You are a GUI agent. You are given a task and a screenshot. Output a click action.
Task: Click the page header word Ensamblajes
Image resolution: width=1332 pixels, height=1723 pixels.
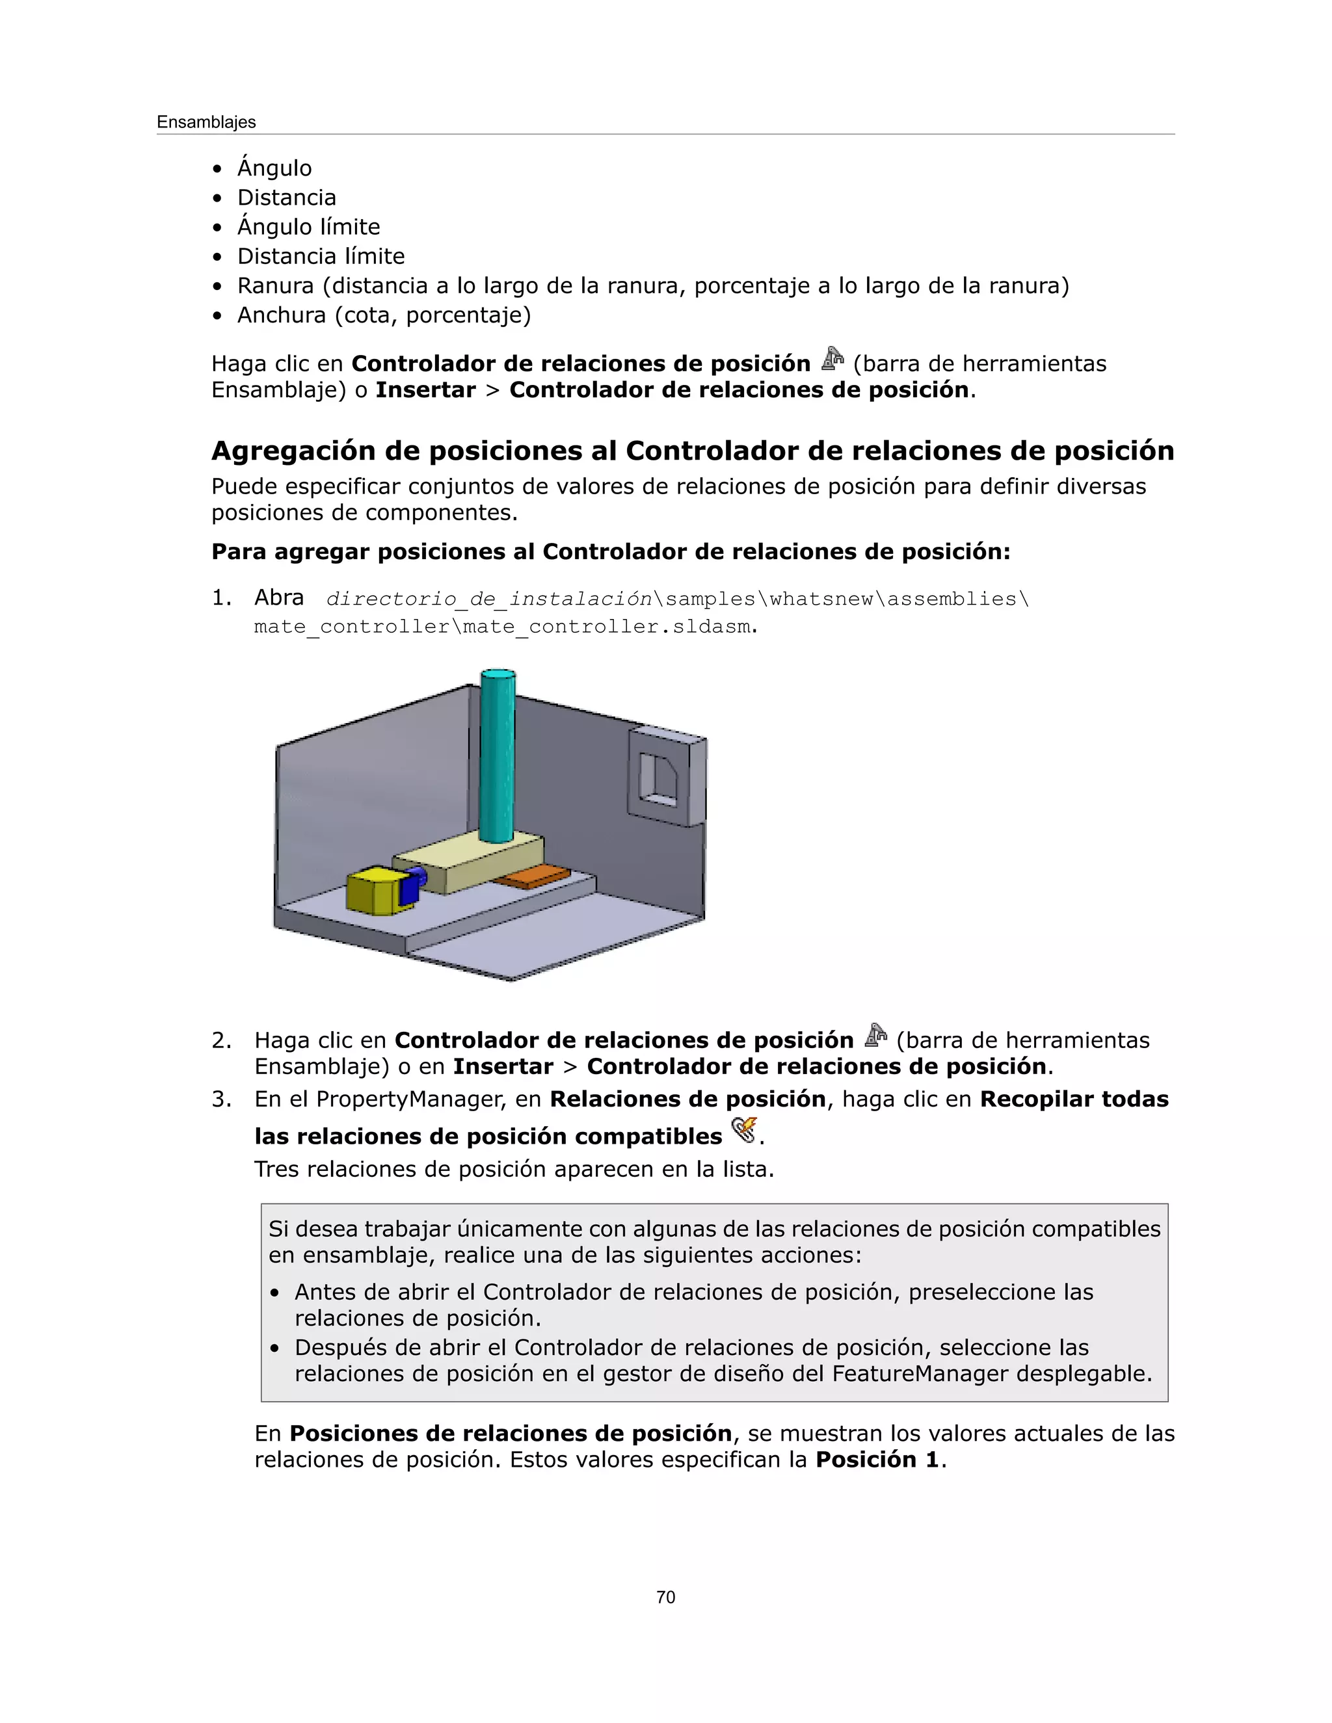click(206, 122)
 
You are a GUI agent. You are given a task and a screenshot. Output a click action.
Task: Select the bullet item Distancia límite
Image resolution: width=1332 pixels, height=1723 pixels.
click(321, 256)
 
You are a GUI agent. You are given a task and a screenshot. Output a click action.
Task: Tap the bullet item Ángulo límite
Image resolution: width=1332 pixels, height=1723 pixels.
click(308, 227)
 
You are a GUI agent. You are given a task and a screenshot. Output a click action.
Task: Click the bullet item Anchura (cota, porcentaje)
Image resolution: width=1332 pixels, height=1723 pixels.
click(384, 315)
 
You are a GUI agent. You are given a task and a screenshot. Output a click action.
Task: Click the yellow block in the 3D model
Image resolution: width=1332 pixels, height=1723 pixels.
click(373, 891)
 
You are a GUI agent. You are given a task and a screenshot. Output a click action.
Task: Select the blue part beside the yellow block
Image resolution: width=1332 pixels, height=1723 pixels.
click(412, 885)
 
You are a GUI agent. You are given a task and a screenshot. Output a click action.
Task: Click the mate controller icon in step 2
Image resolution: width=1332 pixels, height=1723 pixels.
click(875, 1036)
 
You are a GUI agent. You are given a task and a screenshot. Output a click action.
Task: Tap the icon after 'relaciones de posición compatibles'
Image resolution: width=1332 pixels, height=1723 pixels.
click(743, 1131)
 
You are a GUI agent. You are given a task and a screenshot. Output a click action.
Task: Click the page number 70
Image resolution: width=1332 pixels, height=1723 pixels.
click(665, 1598)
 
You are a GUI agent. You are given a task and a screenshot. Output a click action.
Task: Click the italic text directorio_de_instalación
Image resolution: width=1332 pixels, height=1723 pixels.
click(489, 599)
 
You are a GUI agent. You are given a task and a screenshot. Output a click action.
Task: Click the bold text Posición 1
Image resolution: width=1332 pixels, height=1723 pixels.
click(877, 1460)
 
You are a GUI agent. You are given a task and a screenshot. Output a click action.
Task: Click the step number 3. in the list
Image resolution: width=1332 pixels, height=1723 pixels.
click(221, 1099)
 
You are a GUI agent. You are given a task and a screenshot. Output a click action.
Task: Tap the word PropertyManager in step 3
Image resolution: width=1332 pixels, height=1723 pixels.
click(410, 1099)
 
